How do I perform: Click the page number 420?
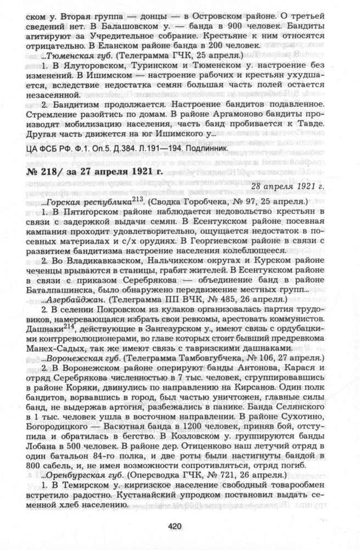coord(175,526)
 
